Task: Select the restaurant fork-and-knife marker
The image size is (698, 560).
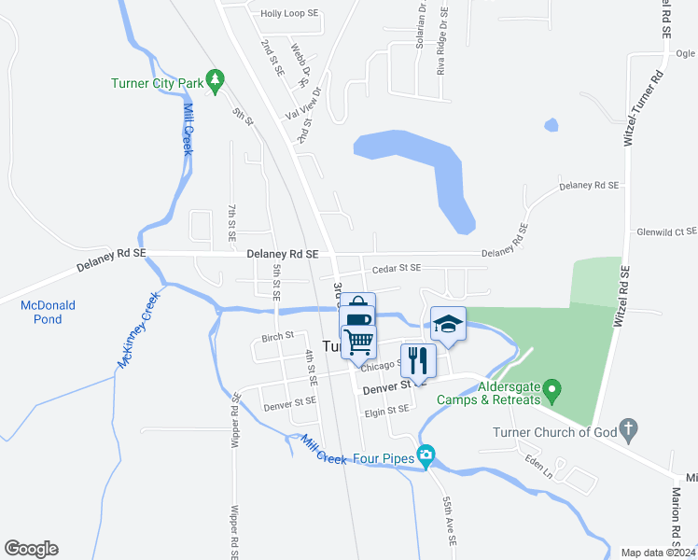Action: (417, 360)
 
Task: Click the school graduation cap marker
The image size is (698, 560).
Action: (448, 324)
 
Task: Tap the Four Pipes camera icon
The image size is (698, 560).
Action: (426, 456)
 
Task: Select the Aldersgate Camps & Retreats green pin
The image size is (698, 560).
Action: (551, 386)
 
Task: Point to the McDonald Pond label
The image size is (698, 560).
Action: (49, 312)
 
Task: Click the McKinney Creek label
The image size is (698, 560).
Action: (137, 329)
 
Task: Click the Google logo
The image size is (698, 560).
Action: (31, 549)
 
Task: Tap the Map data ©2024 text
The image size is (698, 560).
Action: (658, 553)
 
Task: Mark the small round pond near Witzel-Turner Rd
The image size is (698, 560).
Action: (551, 124)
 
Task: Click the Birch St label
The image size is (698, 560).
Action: (277, 336)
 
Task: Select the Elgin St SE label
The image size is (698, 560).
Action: (387, 409)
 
